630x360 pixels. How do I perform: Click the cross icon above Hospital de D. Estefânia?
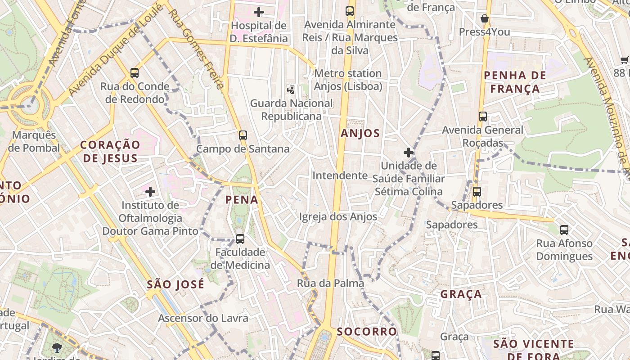(x=259, y=12)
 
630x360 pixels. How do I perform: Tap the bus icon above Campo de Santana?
(x=243, y=135)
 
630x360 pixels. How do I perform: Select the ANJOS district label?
(x=360, y=133)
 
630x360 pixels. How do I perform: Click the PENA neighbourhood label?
(x=242, y=199)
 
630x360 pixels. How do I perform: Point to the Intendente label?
(x=340, y=175)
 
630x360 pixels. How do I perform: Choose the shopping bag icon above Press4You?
(x=485, y=18)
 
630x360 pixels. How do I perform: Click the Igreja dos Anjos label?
(x=338, y=217)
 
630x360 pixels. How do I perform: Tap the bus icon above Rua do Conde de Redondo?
(x=135, y=73)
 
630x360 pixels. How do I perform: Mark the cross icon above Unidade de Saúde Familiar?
(x=409, y=153)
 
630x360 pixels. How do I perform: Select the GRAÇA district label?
(x=461, y=294)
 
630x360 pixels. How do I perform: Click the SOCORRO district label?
(x=367, y=332)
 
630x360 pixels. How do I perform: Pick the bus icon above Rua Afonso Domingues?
(x=564, y=230)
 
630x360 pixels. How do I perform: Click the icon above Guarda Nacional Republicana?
(x=292, y=90)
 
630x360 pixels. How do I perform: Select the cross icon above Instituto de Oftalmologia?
(x=150, y=192)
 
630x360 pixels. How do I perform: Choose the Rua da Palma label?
(x=330, y=283)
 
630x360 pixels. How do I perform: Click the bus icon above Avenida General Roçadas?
(x=483, y=117)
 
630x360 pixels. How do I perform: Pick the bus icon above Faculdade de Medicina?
(x=240, y=239)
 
